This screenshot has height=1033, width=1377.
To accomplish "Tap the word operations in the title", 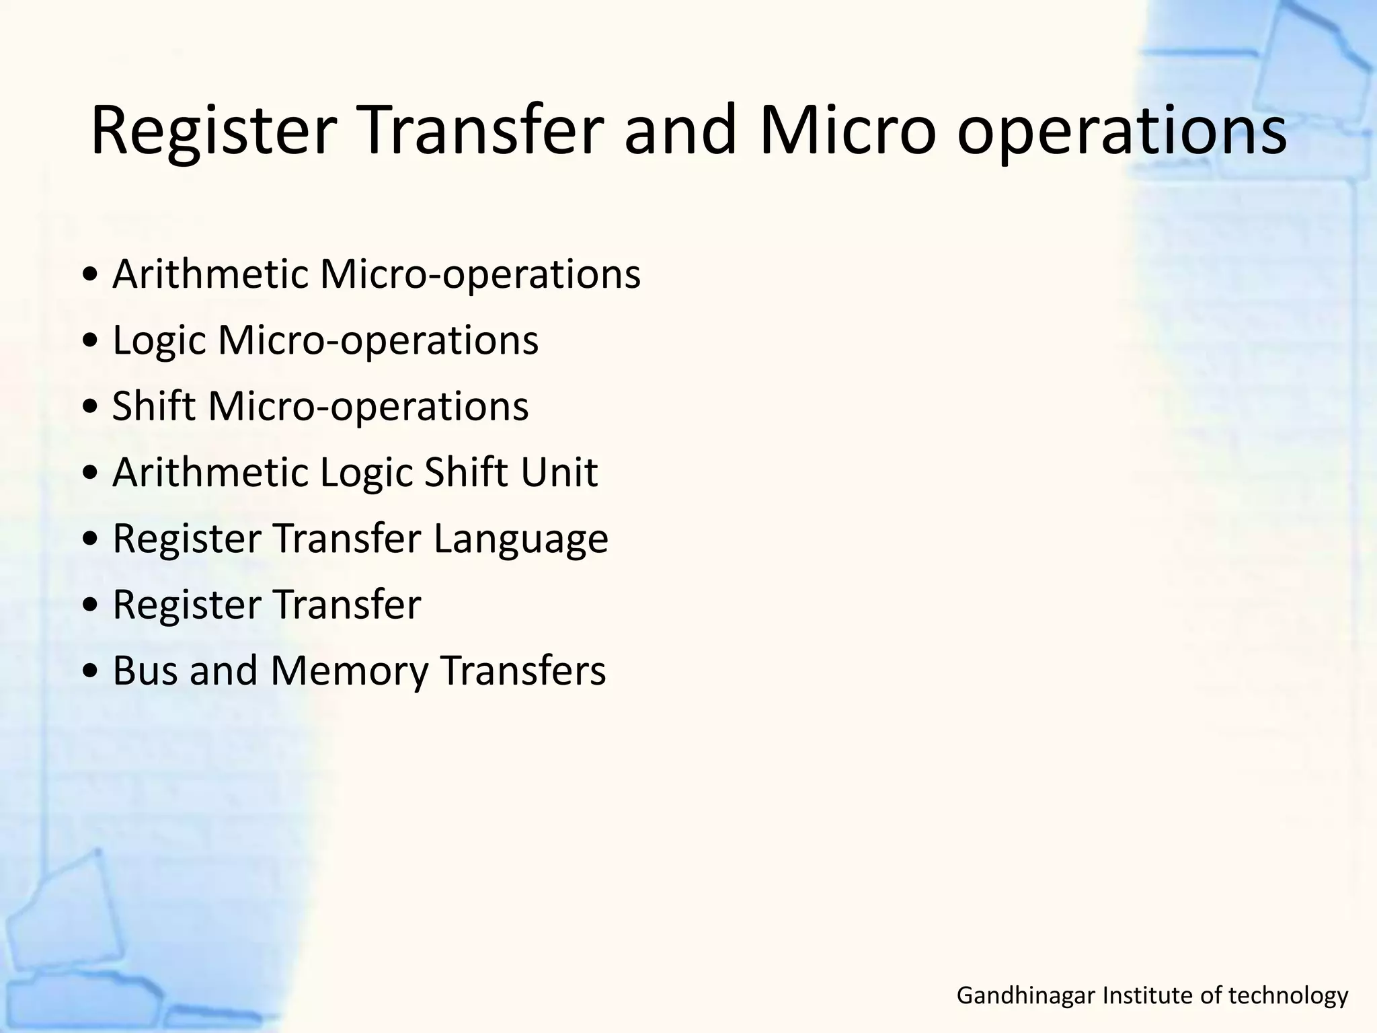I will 1121,135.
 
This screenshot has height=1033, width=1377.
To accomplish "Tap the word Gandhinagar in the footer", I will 1026,995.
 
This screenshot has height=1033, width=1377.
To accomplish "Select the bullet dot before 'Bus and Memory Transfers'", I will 91,673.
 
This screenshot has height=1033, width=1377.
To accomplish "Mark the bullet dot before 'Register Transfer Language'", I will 91,540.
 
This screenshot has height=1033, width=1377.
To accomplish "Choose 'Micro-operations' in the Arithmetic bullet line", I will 480,275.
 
